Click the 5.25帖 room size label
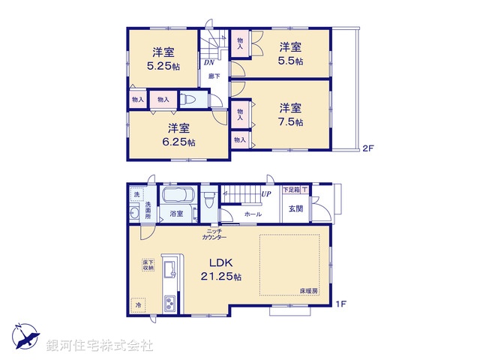pyautogui.click(x=164, y=66)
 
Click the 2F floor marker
pyautogui.click(x=368, y=148)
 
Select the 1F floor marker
pyautogui.click(x=340, y=303)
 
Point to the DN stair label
pyautogui.click(x=207, y=63)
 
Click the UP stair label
pyautogui.click(x=265, y=194)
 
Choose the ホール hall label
pyautogui.click(x=253, y=214)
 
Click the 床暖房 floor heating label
pyautogui.click(x=310, y=289)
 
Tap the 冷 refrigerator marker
pyautogui.click(x=138, y=305)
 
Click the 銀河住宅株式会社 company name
pyautogui.click(x=99, y=345)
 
